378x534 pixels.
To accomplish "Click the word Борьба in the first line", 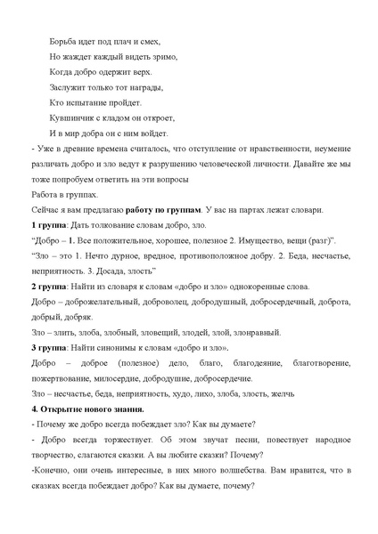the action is (x=62, y=31).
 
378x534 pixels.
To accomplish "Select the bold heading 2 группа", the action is (x=45, y=287).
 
